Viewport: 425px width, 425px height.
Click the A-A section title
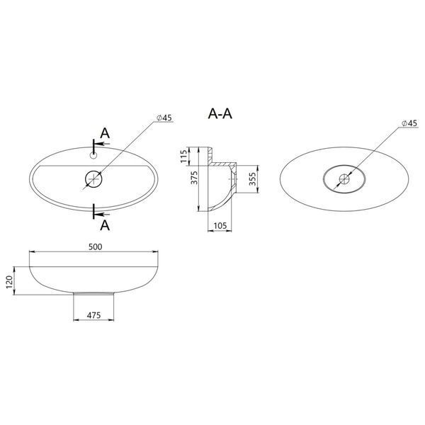220,113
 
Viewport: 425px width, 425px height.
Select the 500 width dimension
96,247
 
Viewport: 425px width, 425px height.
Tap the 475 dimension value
93,315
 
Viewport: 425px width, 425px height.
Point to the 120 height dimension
9,282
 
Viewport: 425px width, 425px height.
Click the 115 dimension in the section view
183,157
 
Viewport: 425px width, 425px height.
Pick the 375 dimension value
194,178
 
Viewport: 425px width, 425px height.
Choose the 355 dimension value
252,179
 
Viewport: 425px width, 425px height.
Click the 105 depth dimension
220,225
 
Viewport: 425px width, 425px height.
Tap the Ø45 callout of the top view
164,118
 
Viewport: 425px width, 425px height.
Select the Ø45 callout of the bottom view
409,123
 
